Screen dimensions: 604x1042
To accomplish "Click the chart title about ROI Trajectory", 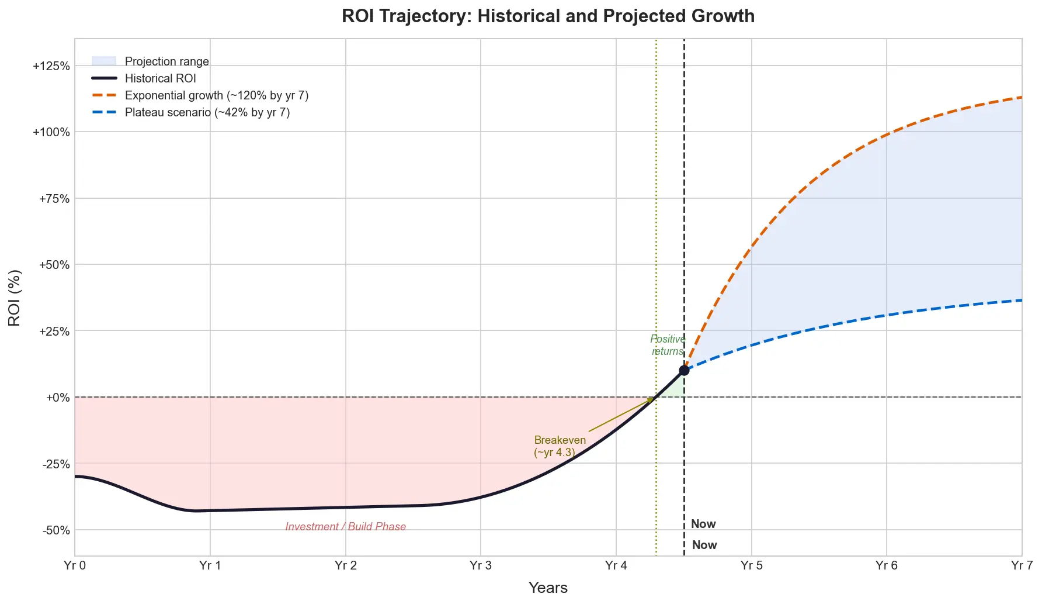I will point(548,16).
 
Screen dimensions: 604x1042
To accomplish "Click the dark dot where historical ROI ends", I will point(684,370).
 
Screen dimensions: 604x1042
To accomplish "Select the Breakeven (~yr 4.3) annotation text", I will point(560,446).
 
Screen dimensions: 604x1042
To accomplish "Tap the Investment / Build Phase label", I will point(345,527).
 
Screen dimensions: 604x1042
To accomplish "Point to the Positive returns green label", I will point(668,345).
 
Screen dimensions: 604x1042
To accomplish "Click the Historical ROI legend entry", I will point(160,78).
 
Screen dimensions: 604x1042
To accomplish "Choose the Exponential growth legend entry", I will point(216,95).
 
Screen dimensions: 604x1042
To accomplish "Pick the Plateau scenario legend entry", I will point(207,112).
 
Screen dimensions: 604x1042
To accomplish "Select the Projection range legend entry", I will point(166,61).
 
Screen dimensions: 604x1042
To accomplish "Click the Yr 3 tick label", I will point(481,565).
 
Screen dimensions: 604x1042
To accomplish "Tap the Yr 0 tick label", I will point(75,565).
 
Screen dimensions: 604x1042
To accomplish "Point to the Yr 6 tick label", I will point(887,565).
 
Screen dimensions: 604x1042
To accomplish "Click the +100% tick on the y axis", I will point(51,132).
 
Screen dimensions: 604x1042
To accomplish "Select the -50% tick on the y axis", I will point(56,530).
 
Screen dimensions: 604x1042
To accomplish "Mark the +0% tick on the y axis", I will point(58,398).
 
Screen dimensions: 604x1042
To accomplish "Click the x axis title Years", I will point(548,588).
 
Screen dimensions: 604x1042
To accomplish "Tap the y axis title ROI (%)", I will point(15,298).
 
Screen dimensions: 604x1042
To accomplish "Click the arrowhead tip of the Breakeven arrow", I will point(652,399).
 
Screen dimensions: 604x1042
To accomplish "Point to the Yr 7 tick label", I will point(1022,565).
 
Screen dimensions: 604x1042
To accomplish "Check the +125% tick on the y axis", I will point(51,66).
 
